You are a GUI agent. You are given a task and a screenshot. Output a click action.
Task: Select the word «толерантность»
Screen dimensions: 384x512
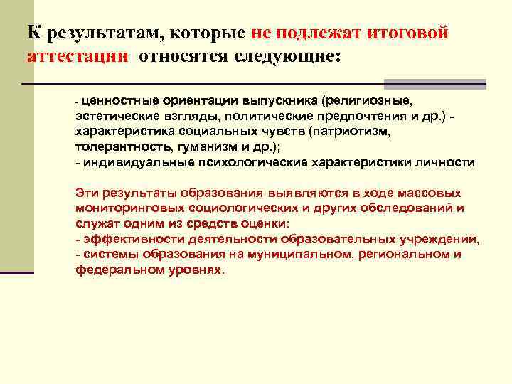pyautogui.click(x=117, y=147)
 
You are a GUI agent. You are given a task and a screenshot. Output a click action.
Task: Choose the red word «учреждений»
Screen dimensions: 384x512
pyautogui.click(x=443, y=239)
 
